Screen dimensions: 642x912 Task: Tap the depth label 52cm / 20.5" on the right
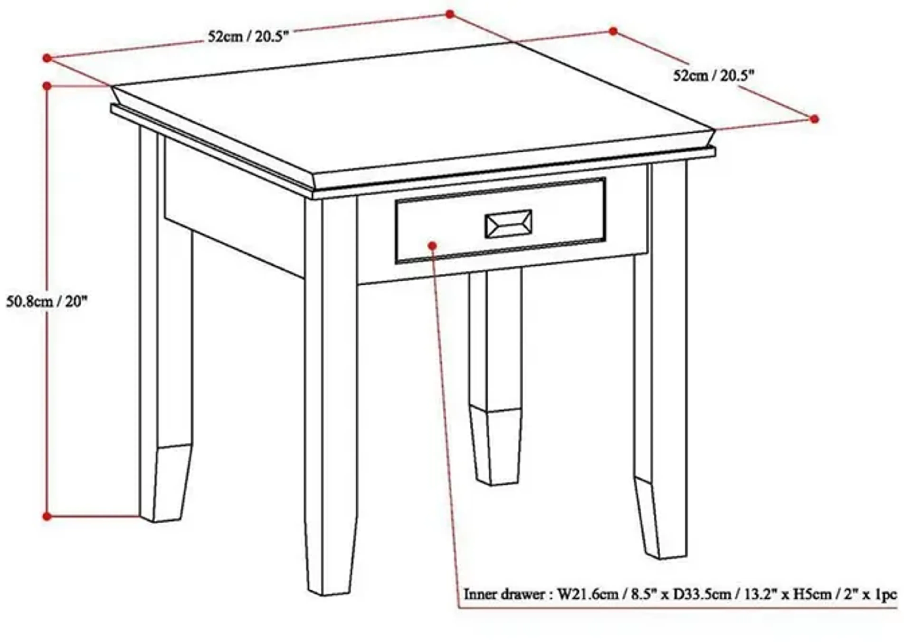tap(713, 75)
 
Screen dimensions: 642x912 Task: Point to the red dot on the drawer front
tap(432, 246)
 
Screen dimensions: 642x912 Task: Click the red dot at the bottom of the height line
tap(47, 516)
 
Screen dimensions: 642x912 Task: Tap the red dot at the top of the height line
tap(47, 86)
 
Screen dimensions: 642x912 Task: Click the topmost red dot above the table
tap(450, 14)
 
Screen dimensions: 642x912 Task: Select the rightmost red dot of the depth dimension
tap(814, 119)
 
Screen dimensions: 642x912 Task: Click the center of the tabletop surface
tap(413, 111)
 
